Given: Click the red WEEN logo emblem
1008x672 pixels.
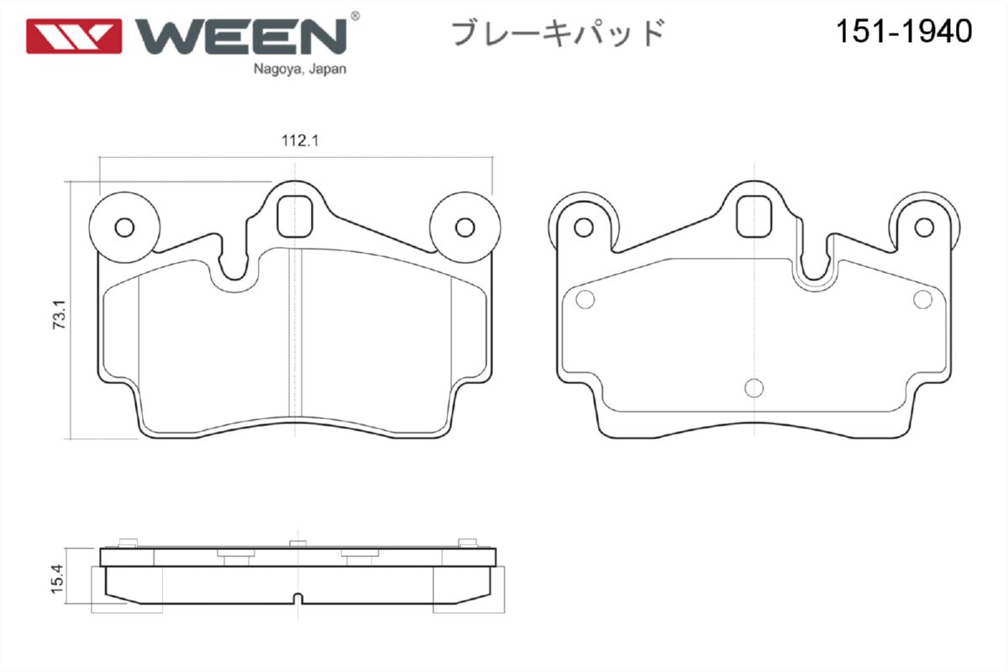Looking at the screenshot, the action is pos(74,36).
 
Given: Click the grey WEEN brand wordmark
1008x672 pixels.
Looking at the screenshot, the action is pos(241,36).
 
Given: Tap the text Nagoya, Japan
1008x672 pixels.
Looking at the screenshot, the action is pos(300,69).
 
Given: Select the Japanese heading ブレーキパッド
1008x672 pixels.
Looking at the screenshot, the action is pos(558,33).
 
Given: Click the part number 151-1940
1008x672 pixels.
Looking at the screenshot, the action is pos(904,32).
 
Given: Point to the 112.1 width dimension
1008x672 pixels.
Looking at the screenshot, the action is pos(300,141).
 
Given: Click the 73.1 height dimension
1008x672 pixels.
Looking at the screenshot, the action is pos(60,315).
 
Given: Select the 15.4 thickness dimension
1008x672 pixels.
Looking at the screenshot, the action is pos(58,579).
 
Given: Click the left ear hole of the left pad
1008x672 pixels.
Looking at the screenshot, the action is pos(124,228).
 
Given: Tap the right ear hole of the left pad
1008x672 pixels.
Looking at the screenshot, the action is pos(465,228).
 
